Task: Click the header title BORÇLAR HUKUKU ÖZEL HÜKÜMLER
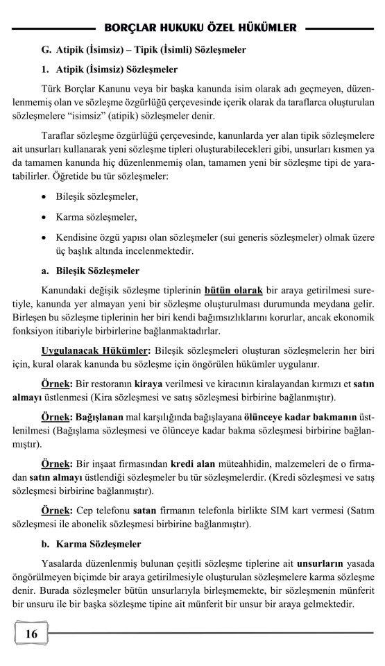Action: click(x=200, y=28)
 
